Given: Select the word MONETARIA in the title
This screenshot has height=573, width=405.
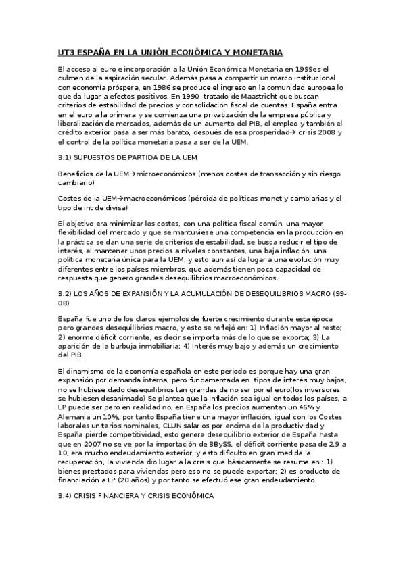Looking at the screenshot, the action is (254, 52).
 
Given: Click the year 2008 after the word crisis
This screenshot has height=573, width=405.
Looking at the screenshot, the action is (322, 133).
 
